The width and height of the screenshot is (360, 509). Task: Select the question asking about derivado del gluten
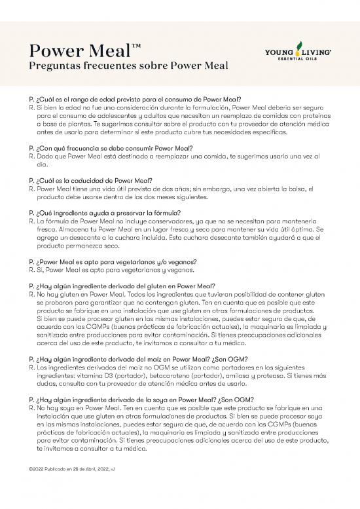[123, 286]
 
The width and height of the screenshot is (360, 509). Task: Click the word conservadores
[153, 221]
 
